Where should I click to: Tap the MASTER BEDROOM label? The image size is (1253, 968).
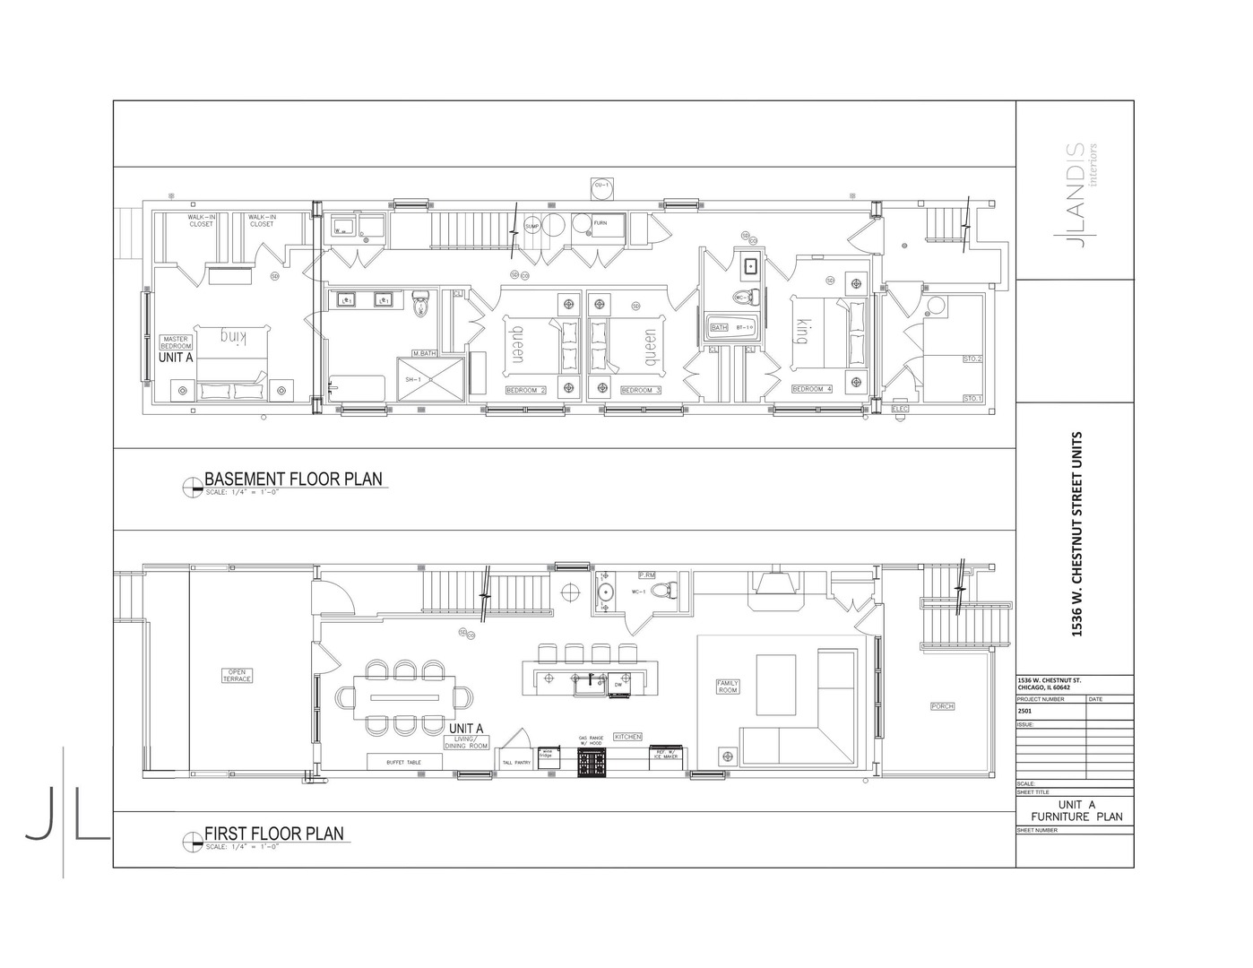[176, 342]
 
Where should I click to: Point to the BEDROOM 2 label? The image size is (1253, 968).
[526, 391]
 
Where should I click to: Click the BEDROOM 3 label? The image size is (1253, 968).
[640, 391]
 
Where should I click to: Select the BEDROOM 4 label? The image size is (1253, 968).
[812, 389]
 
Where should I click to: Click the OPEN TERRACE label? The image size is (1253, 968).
[238, 675]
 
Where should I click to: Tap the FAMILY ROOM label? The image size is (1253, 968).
[727, 687]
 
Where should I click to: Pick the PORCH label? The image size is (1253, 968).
[942, 706]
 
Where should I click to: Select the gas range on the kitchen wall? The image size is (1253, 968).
[592, 763]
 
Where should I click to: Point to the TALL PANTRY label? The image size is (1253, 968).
[516, 763]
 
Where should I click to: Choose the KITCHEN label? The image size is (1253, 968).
[627, 737]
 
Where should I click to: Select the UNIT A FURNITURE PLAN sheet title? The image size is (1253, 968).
[1076, 810]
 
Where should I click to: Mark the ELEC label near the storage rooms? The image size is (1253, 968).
[900, 409]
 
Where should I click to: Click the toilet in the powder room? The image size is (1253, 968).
[663, 591]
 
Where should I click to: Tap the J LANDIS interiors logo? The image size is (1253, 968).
[1080, 195]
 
